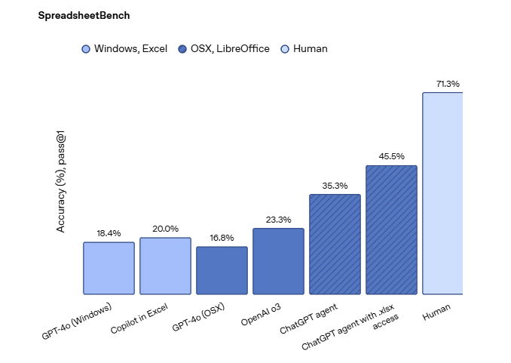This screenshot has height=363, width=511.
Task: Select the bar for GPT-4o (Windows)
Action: tap(109, 268)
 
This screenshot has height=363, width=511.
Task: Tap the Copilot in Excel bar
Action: tap(165, 266)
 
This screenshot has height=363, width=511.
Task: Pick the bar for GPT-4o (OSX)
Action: tap(222, 270)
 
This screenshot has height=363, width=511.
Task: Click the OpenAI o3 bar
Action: tap(278, 261)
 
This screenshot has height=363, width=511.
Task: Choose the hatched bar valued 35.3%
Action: tap(335, 244)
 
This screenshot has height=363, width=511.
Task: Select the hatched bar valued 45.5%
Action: tap(391, 229)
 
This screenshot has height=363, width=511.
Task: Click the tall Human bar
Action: tap(442, 193)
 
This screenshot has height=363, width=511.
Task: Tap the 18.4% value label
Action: tap(109, 233)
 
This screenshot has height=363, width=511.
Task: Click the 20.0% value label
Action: tap(165, 229)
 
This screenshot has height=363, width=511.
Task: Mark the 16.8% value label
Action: tap(222, 238)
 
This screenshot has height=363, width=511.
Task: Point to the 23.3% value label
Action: tap(278, 220)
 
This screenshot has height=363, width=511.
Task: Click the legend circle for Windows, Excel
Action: tap(86, 49)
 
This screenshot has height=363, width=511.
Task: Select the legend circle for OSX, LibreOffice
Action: tap(182, 49)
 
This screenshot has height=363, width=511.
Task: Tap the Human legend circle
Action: tap(284, 49)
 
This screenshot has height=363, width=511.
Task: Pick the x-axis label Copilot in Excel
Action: tap(140, 318)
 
